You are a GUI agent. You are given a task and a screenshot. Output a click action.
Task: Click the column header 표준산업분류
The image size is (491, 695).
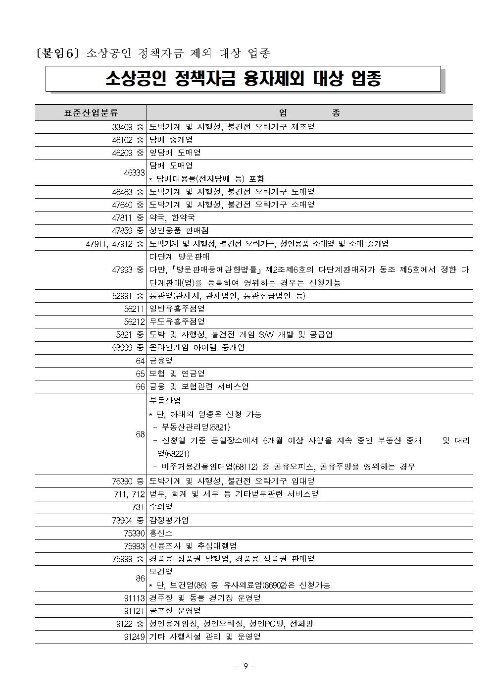91,113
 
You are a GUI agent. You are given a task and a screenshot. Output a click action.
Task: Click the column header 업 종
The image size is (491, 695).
309,113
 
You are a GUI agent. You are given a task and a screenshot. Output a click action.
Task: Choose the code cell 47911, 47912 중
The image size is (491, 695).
115,244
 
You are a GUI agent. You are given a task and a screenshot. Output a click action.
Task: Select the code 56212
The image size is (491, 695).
134,321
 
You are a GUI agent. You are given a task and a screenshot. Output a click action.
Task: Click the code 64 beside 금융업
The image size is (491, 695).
140,361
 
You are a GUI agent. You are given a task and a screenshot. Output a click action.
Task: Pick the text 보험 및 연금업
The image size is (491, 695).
177,374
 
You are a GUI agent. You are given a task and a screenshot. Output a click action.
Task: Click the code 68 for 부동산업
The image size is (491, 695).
140,434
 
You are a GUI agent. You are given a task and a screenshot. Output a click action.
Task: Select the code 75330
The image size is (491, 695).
134,533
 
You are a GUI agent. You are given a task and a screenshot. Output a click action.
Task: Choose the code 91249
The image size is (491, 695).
134,637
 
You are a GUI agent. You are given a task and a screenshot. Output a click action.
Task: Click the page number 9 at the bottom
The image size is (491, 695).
245,666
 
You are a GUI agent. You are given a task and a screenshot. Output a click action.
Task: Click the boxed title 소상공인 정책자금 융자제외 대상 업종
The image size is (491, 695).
243,79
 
